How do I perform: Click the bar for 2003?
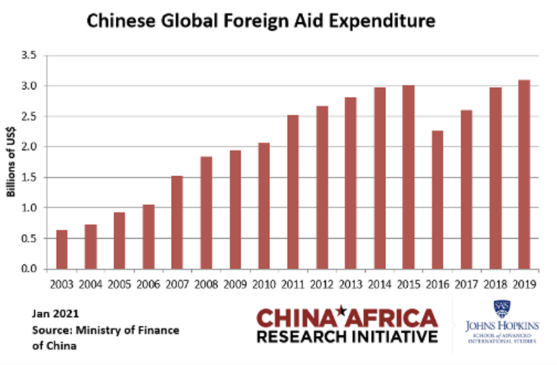[x=61, y=249]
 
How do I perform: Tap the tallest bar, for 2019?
[x=524, y=174]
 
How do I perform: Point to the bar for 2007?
[x=177, y=222]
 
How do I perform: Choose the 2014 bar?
[x=379, y=178]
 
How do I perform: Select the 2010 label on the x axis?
[x=264, y=285]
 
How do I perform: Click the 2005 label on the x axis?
[x=119, y=285]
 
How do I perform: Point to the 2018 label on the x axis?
[x=495, y=285]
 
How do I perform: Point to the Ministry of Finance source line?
[x=105, y=330]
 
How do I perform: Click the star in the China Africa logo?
[x=341, y=311]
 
